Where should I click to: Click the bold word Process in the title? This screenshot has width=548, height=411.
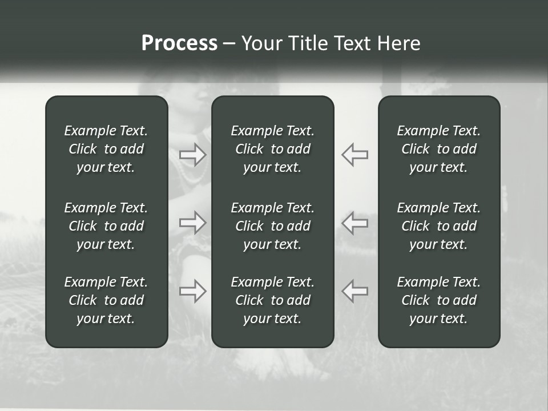[x=179, y=43]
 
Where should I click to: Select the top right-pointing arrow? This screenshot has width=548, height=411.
[x=193, y=155]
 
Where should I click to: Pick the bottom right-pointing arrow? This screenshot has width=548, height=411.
[x=193, y=291]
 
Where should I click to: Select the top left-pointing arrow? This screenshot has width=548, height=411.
[x=354, y=155]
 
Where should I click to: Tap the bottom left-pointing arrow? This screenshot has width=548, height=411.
[x=354, y=291]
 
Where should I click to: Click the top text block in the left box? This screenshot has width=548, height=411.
[x=106, y=149]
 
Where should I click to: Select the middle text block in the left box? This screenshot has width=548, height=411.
[x=106, y=226]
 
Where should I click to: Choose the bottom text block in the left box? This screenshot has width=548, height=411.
[x=106, y=300]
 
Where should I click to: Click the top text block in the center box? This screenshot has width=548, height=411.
[x=273, y=149]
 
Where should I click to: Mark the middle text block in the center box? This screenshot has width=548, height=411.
[x=273, y=226]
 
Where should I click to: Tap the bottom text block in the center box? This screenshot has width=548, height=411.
[x=273, y=300]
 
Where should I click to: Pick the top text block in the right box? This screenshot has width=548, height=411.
[x=439, y=149]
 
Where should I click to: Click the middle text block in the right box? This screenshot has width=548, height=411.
[x=439, y=226]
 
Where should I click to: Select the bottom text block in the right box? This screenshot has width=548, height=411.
[x=439, y=300]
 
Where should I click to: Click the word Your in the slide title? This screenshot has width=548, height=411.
[x=260, y=43]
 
